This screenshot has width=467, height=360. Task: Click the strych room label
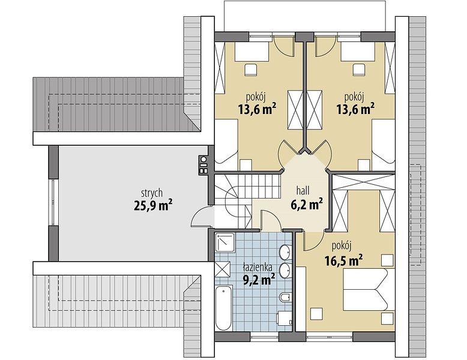(152, 193)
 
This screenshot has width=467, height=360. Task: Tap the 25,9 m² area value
(153, 205)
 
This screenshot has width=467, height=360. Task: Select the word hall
(303, 190)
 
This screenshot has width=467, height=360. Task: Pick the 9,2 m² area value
(259, 280)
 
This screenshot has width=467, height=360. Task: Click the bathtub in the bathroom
(223, 308)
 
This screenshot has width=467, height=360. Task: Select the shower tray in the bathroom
(224, 242)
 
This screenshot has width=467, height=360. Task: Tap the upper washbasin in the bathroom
(286, 252)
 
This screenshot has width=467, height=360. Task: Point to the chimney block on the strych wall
(203, 166)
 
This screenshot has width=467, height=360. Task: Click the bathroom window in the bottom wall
(264, 337)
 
